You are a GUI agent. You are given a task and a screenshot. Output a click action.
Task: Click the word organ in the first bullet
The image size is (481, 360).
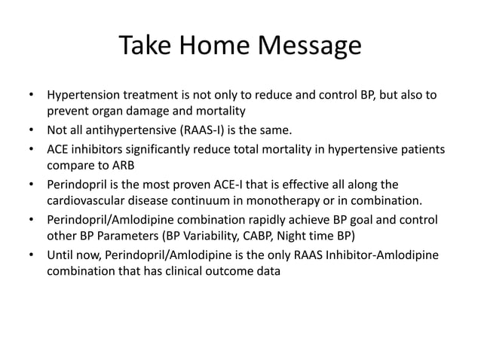coord(110,112)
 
